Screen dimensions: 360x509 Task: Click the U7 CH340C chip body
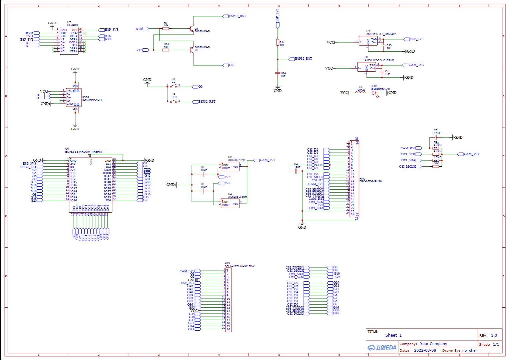[69, 41]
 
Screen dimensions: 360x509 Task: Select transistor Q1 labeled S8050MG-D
[191, 29]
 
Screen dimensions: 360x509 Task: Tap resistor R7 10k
[166, 29]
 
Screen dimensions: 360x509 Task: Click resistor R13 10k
[166, 50]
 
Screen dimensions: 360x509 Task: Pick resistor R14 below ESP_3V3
[278, 42]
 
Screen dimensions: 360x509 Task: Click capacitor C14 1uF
[278, 73]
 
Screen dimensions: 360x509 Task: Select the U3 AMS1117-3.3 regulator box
[368, 41]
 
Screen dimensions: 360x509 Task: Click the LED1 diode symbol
[375, 93]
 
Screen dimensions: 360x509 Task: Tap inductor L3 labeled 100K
[360, 93]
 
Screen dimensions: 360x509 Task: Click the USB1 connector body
[73, 97]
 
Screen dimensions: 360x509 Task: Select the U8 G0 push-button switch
[173, 86]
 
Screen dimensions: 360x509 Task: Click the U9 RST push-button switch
[173, 101]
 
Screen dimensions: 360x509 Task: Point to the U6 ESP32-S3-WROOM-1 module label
[83, 152]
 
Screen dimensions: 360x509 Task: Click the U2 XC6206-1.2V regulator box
[230, 167]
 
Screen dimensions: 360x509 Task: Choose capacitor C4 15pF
[296, 171]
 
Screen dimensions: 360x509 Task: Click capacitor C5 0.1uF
[436, 137]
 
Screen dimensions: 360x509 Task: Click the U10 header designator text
[227, 263]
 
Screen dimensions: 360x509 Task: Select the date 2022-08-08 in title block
[425, 350]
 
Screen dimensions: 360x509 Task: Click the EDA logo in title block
[382, 347]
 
